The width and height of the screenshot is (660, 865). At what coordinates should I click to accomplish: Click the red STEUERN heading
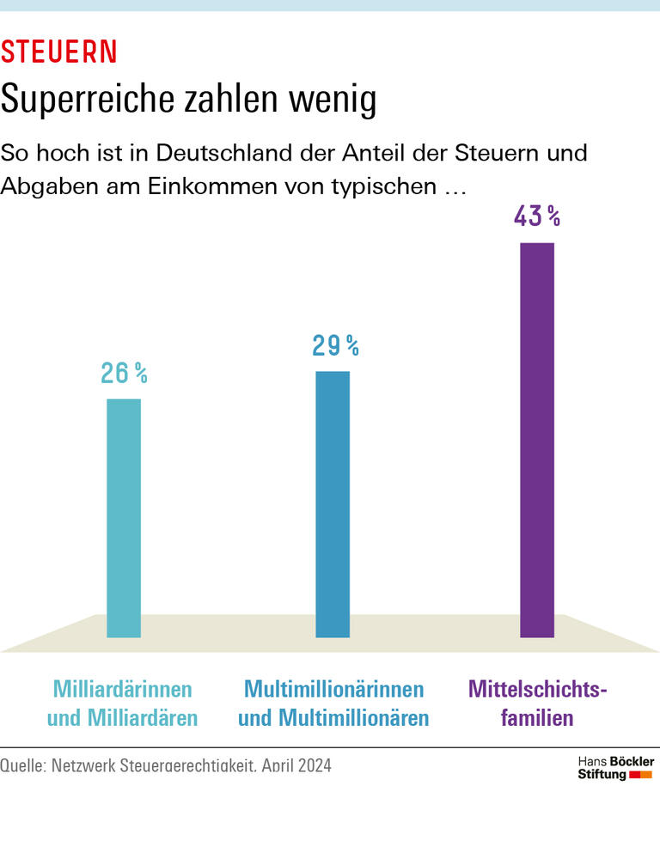(58, 52)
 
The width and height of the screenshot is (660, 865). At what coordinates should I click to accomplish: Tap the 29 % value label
(334, 346)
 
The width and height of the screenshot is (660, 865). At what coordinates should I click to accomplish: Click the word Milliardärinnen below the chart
(123, 690)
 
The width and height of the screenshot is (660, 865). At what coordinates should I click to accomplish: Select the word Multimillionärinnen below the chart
(333, 690)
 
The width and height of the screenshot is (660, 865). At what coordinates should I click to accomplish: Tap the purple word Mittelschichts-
(537, 690)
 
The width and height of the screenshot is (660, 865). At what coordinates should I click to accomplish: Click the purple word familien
(537, 718)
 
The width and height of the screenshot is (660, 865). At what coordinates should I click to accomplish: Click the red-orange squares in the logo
(641, 775)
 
